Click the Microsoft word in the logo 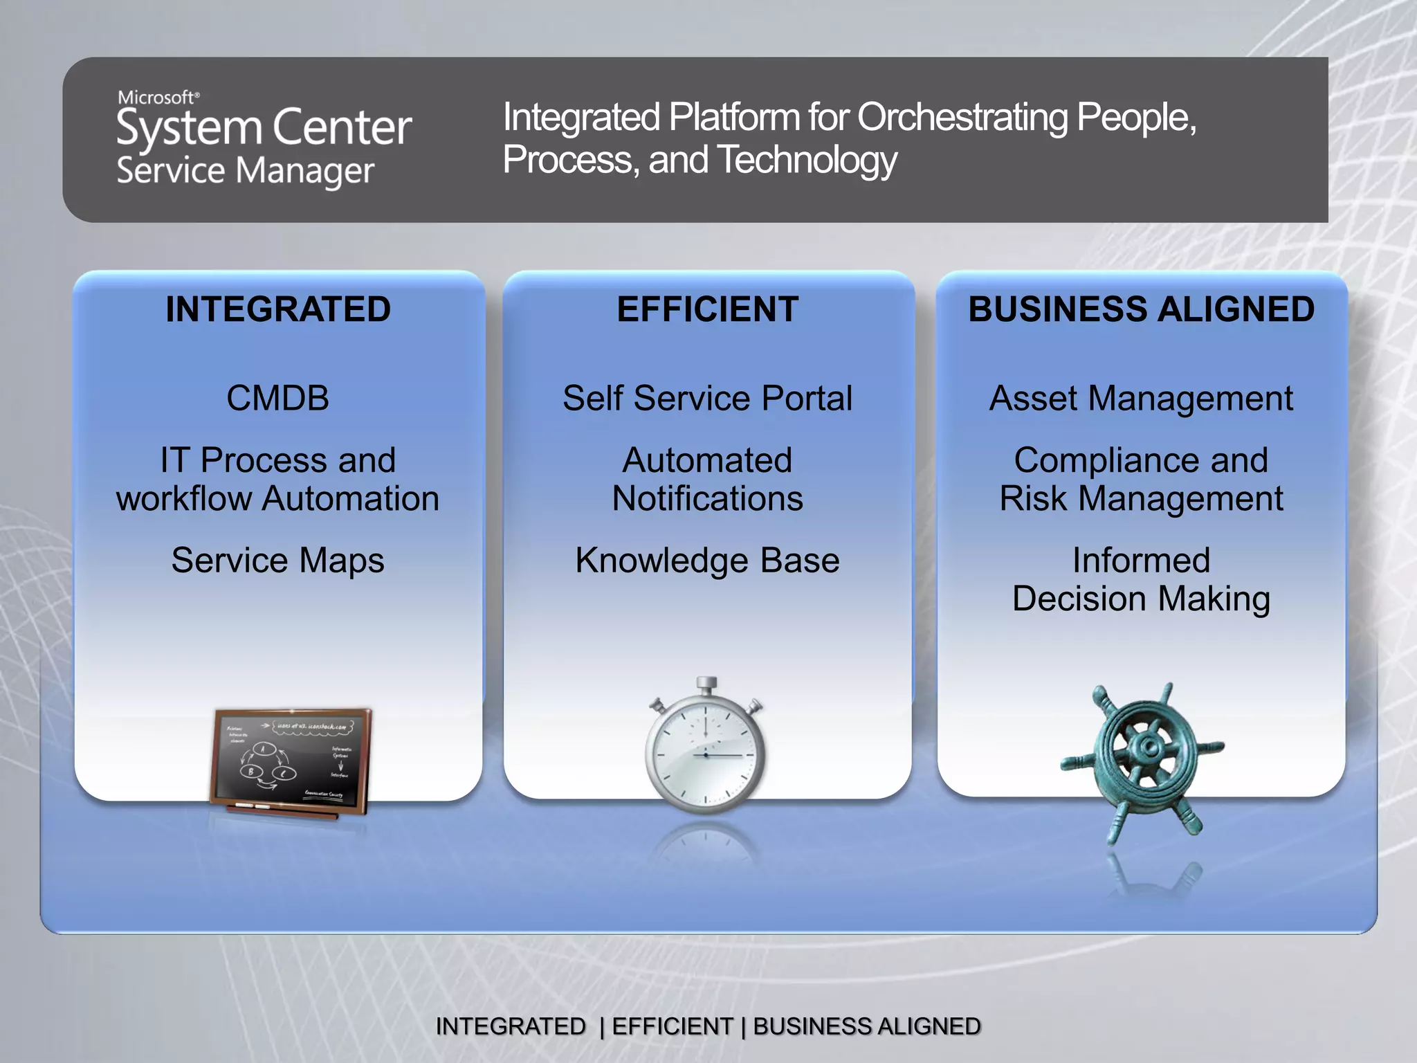click(157, 98)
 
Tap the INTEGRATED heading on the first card click(278, 309)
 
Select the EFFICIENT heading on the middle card click(708, 309)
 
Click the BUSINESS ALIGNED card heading click(1141, 309)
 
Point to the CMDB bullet click(278, 399)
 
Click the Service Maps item click(278, 561)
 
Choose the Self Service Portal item click(708, 399)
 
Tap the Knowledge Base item click(708, 561)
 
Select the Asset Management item click(1141, 399)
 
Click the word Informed click(1141, 561)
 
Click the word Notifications click(708, 499)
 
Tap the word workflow click(183, 499)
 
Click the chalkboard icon click(291, 761)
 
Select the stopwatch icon click(706, 751)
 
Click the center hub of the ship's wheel click(1149, 746)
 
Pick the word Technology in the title click(807, 160)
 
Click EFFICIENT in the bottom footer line click(672, 1026)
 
